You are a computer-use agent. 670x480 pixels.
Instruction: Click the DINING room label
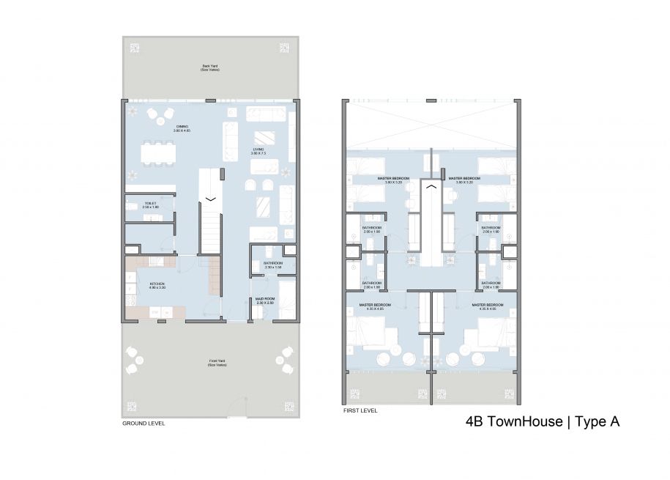[182, 127]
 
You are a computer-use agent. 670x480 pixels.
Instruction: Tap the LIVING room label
[257, 149]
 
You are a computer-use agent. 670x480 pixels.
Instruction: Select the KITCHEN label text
[157, 284]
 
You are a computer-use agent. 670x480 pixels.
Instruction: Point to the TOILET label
[151, 204]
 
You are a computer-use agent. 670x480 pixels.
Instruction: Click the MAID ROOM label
[264, 299]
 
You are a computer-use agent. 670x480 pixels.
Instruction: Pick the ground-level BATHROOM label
[273, 263]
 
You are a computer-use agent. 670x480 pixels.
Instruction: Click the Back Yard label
[210, 66]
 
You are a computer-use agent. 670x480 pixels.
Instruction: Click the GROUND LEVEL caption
[144, 424]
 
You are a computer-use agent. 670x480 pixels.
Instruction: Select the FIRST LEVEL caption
[360, 411]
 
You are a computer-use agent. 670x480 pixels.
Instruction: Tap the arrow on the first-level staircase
[432, 187]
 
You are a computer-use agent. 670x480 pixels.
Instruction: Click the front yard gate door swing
[236, 405]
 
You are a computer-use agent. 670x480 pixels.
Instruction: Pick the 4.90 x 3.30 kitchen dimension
[157, 288]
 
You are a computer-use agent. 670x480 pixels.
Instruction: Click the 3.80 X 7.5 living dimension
[257, 154]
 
